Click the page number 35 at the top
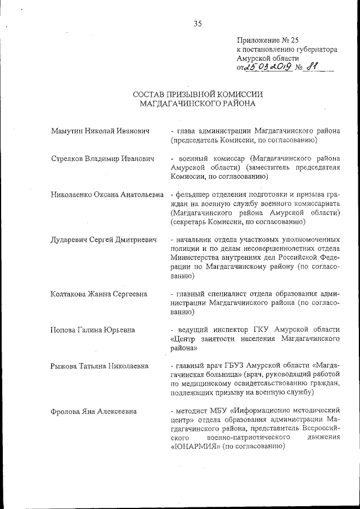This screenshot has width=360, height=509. [197, 23]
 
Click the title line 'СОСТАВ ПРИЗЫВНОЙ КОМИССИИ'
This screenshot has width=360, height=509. [197, 94]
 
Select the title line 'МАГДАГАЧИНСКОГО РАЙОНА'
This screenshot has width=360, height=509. [197, 103]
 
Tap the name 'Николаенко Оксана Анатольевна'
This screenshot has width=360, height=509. [106, 195]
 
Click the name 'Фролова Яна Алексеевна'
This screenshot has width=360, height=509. [93, 411]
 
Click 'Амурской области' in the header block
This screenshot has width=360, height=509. [268, 58]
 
